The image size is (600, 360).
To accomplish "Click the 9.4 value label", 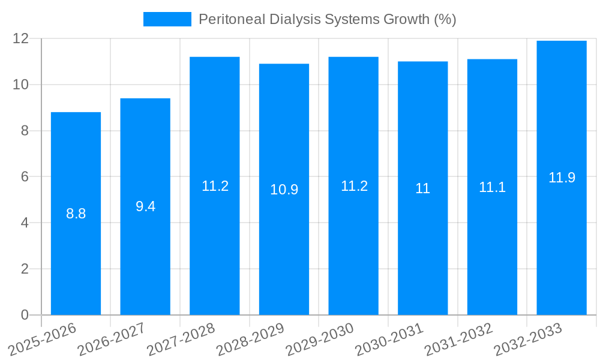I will pyautogui.click(x=146, y=206).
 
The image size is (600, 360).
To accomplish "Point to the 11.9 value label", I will pyautogui.click(x=562, y=178).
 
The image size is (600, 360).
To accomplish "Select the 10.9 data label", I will pyautogui.click(x=284, y=190).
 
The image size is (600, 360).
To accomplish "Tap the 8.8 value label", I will pyautogui.click(x=76, y=214).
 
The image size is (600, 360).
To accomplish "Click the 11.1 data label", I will pyautogui.click(x=492, y=187).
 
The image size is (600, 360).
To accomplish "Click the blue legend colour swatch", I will pyautogui.click(x=167, y=19).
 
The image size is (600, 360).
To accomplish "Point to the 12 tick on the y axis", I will pyautogui.click(x=21, y=38).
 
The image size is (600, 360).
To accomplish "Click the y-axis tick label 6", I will pyautogui.click(x=25, y=176).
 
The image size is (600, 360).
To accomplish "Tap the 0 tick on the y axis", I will pyautogui.click(x=25, y=314).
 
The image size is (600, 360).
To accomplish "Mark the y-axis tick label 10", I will pyautogui.click(x=21, y=85).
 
